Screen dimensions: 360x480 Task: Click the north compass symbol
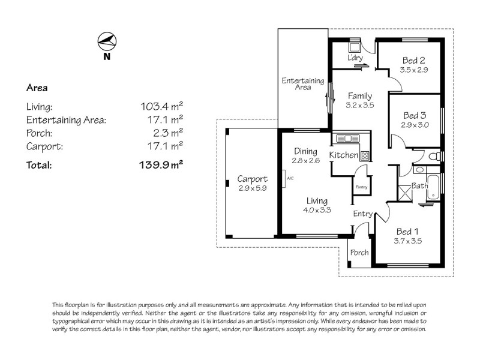[107, 41]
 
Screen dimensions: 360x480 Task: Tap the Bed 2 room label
[414, 60]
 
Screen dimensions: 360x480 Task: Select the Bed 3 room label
[414, 115]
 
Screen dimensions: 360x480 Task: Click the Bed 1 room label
[409, 231]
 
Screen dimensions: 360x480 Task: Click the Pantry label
[361, 187]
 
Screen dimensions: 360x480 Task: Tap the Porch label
[359, 253]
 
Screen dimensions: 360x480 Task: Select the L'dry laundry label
[356, 58]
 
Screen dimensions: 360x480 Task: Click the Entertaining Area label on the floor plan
[303, 84]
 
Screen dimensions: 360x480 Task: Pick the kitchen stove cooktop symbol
[364, 155]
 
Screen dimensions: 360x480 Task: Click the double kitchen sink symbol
[347, 139]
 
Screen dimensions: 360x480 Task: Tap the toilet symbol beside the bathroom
[436, 156]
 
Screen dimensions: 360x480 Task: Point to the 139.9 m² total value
[161, 164]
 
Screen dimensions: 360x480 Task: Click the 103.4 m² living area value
[161, 106]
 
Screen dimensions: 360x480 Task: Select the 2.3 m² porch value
[169, 133]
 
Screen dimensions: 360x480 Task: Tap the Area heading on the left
[37, 88]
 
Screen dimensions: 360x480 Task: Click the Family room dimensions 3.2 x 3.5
[360, 104]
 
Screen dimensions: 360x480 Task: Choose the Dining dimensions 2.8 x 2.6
[305, 160]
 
